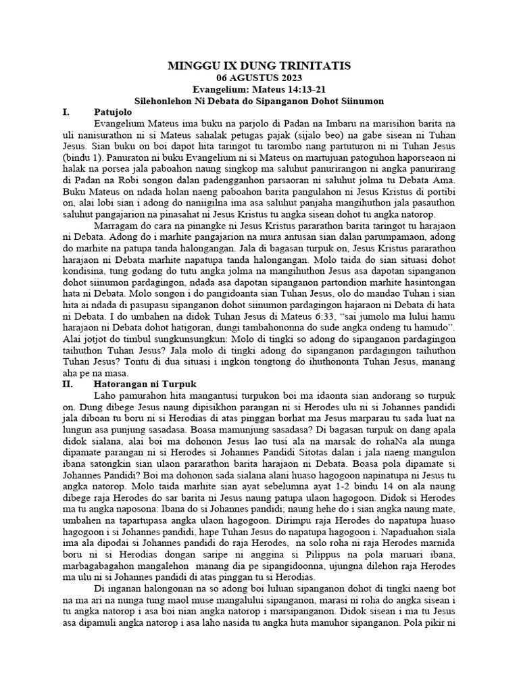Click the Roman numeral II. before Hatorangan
click(66, 383)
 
